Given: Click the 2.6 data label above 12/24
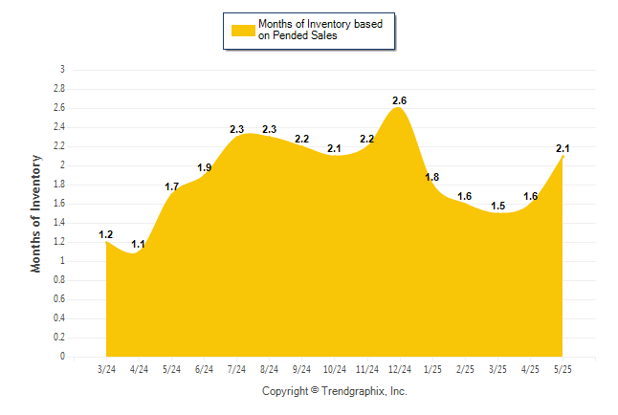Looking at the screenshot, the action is [399, 101].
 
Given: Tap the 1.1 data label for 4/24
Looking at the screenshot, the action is [138, 245].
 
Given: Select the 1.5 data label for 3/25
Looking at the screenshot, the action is [497, 207].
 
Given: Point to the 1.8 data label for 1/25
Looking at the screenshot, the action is [432, 177].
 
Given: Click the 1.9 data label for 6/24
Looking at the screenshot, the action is [204, 168].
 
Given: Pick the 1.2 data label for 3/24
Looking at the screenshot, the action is [105, 235].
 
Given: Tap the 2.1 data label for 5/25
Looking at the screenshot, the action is [563, 148].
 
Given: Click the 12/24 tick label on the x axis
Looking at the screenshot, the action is [400, 369].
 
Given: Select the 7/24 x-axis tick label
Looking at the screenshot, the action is [236, 369].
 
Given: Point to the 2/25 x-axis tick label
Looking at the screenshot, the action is [465, 369].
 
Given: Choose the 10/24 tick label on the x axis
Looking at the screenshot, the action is [335, 369].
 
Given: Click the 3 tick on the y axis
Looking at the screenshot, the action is [62, 70].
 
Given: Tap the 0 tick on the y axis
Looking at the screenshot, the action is [62, 357].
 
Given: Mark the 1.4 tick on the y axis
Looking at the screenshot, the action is [59, 223].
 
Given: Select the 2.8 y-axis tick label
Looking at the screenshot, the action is [59, 88].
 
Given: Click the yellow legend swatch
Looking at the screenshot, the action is [243, 31].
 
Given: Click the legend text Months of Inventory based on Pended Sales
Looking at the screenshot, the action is [320, 30].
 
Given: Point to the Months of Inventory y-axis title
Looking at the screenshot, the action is [35, 213].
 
